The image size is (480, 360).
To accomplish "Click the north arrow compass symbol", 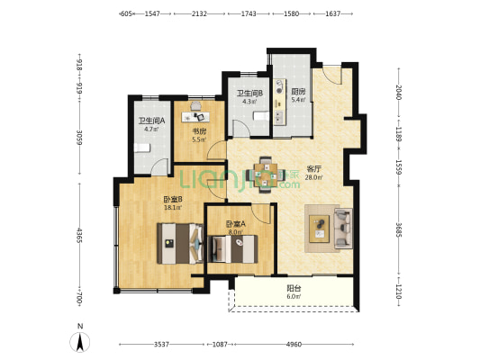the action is (80, 342).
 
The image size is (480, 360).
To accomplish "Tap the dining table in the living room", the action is (266, 175).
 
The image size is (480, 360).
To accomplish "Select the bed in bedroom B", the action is (180, 244).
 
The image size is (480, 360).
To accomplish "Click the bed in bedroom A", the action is (232, 249).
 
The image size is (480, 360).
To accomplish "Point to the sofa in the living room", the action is (343, 228).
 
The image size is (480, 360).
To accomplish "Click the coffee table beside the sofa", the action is (320, 229).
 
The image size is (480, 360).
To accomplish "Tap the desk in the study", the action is (195, 116).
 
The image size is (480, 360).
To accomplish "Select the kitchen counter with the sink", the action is (280, 103).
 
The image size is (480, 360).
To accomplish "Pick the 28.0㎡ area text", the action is (313, 177).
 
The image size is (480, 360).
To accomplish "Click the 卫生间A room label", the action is (151, 121).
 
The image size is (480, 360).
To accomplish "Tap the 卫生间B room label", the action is (249, 94).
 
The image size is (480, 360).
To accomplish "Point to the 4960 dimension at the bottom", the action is (294, 345).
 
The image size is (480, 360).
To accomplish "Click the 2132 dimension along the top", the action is (199, 13).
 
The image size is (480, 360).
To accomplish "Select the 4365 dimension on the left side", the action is (79, 235).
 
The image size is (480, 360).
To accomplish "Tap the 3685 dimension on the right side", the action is (399, 229).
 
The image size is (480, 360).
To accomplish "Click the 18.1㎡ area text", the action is (173, 208).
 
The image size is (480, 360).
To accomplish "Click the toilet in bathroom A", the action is (142, 148).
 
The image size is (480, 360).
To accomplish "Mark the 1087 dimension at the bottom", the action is (220, 345).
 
